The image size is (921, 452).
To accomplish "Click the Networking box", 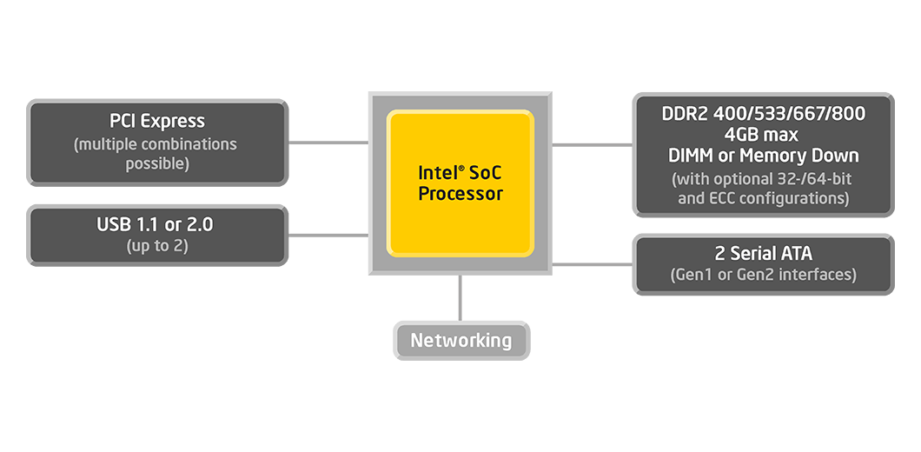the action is [461, 341].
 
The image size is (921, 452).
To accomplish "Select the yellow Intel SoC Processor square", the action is [460, 183].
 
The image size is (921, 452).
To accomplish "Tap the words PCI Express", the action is [157, 121].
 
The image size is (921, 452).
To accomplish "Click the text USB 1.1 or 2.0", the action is [155, 224].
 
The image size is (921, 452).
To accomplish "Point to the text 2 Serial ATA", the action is [764, 253].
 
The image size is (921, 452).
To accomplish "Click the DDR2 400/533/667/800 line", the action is [764, 114].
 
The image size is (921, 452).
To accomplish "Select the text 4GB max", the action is [761, 135].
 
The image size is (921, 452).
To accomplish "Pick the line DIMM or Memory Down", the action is [764, 156].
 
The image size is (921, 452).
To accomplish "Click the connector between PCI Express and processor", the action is [328, 143].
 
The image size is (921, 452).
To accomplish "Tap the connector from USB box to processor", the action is [328, 235].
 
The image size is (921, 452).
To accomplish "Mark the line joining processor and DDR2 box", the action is [592, 144].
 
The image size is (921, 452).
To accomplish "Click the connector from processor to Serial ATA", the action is [592, 264].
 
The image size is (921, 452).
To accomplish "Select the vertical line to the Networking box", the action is [460, 298].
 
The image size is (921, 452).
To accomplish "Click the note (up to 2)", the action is [157, 245].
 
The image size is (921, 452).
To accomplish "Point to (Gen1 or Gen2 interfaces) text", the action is [764, 275].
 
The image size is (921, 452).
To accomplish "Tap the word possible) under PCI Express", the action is [157, 164].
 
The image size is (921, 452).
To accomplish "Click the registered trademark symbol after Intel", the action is [461, 169].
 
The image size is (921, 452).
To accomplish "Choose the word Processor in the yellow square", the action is [460, 194].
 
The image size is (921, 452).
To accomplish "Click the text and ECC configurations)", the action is [764, 199].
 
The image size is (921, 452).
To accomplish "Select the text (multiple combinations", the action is [155, 144].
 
